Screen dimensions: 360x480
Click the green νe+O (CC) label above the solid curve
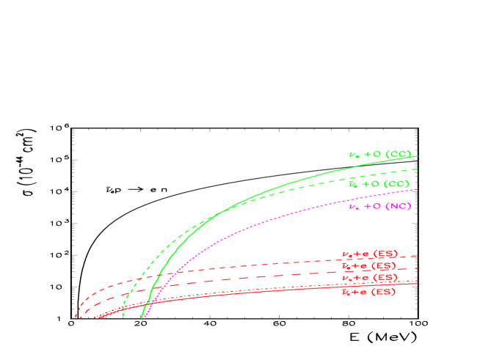tap(379, 155)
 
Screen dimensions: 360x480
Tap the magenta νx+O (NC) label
tap(379, 206)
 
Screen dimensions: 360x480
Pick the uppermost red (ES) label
tap(368, 254)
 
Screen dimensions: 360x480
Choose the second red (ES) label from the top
tap(368, 266)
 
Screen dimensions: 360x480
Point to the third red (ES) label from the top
tap(368, 279)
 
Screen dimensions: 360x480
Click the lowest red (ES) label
tap(368, 292)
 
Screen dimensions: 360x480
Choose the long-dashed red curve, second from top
tap(220, 278)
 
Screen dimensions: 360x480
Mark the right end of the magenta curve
tap(417, 189)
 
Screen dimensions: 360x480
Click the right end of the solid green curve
tap(417, 155)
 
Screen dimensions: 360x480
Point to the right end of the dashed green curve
tap(417, 169)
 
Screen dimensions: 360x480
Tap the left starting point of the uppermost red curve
tap(76, 317)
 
